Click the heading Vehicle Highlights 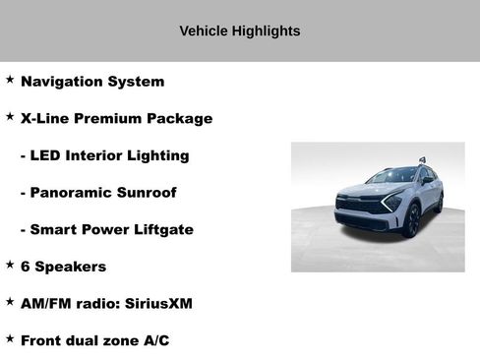click(x=240, y=30)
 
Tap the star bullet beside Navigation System click(x=10, y=80)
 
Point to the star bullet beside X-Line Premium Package click(x=10, y=116)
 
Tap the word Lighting click(x=156, y=155)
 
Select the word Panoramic click(x=70, y=193)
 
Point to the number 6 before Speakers click(x=26, y=267)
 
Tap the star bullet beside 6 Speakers click(x=10, y=265)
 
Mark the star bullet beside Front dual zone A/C click(x=10, y=338)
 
